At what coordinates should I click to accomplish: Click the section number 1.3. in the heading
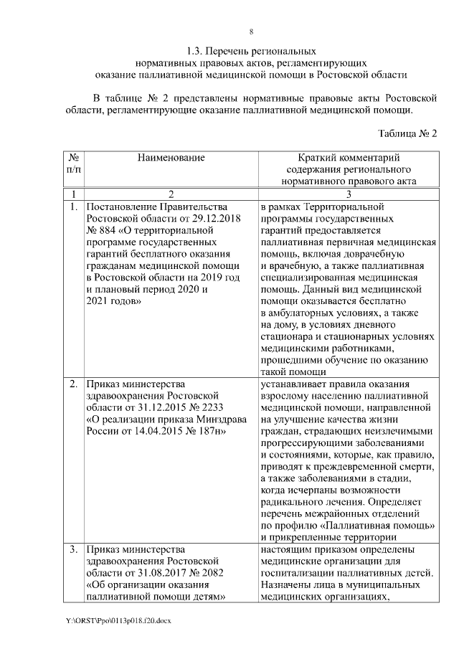[195, 52]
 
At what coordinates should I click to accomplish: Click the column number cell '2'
[171, 194]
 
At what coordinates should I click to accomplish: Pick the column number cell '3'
[349, 194]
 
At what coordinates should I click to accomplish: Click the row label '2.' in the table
[74, 383]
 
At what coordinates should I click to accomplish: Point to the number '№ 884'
[100, 230]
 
